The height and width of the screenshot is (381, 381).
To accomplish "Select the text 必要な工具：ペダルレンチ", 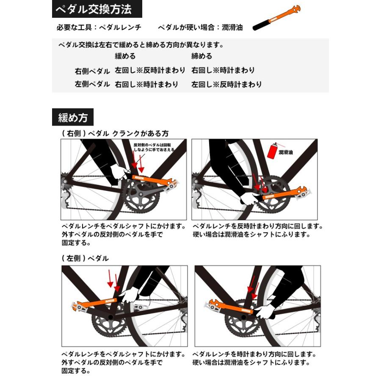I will coord(99,28).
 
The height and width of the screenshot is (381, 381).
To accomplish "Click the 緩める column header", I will coord(125,56).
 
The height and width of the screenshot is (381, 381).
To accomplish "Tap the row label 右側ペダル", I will coord(92,71).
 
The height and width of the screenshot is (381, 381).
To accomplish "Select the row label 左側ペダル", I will coord(92,84).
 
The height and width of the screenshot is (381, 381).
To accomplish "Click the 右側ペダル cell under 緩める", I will coord(146,71).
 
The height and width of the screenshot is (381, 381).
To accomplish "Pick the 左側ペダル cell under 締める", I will coord(226,84).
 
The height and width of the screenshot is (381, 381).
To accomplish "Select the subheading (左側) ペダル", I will coord(85,258).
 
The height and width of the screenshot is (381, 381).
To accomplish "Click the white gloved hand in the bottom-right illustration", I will coord(265,312).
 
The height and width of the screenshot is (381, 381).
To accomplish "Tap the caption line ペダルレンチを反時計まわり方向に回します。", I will coord(257,226).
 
